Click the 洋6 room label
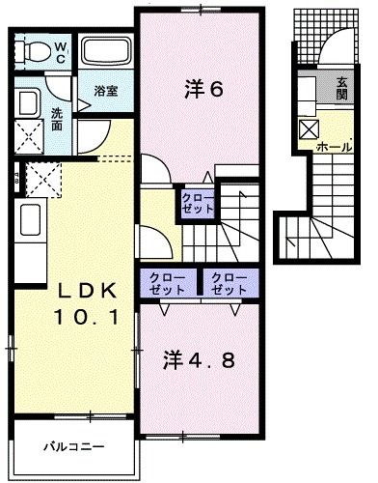pyautogui.click(x=203, y=90)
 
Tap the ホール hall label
pyautogui.click(x=334, y=148)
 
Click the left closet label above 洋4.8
pyautogui.click(x=164, y=282)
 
